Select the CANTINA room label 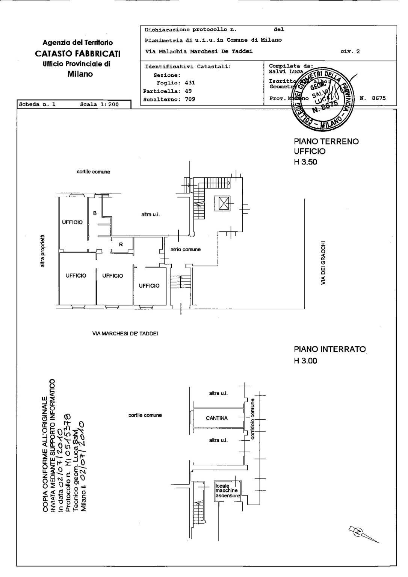click(x=217, y=418)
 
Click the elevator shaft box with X click(x=224, y=204)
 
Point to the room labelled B click(x=95, y=213)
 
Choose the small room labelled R click(x=121, y=245)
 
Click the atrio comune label click(x=186, y=249)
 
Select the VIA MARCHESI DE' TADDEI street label click(x=125, y=333)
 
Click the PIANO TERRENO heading click(x=326, y=142)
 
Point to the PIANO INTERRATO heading click(x=329, y=349)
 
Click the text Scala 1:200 click(x=99, y=104)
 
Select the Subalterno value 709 click(x=190, y=100)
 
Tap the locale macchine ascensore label click(x=227, y=491)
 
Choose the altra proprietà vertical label click(x=42, y=251)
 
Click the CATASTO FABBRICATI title click(x=78, y=54)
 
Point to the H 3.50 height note click(x=305, y=162)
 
